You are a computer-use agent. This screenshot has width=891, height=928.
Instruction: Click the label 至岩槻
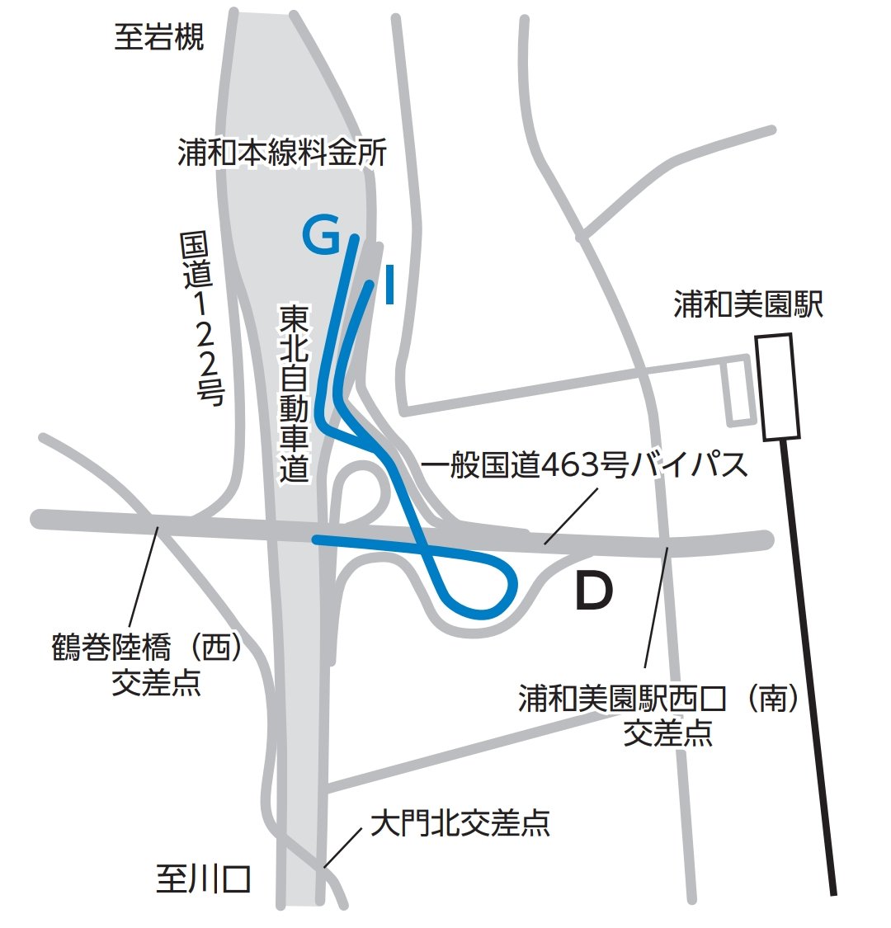[158, 37]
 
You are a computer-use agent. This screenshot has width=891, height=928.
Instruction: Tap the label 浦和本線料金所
[282, 153]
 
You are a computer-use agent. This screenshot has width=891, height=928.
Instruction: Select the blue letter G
[321, 236]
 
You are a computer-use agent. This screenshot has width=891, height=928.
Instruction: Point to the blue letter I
[389, 285]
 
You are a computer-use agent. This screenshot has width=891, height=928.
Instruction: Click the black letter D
[594, 591]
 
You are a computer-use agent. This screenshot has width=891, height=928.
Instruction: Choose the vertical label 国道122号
[201, 318]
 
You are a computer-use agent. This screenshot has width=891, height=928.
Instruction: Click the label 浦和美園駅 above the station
[748, 304]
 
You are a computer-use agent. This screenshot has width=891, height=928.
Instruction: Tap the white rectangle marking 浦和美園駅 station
[779, 386]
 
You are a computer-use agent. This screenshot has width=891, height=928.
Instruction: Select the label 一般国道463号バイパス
[584, 465]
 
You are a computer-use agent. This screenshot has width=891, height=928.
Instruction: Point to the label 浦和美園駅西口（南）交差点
[667, 714]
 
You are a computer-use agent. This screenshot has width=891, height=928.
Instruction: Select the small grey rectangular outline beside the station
[738, 391]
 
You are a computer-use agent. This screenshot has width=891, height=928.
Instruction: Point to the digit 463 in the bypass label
[570, 465]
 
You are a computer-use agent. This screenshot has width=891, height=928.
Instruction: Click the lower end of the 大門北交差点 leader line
[326, 867]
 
